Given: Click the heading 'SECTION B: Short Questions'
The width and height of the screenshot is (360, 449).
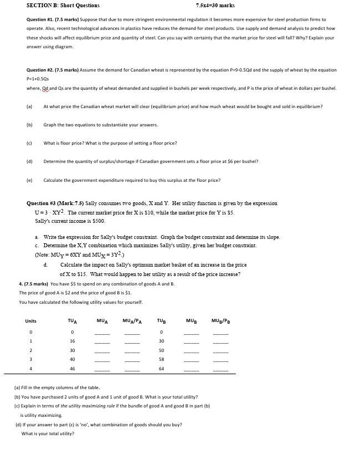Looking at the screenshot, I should tap(63, 6).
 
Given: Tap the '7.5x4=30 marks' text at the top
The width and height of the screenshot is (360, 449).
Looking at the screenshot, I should tap(215, 6).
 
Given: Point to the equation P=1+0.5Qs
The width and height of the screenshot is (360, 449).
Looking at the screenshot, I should tap(39, 79).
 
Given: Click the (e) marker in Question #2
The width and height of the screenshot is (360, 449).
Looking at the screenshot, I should tap(29, 180).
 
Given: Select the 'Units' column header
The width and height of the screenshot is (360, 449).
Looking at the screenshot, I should tap(30, 321).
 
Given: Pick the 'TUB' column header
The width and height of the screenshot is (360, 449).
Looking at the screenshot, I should tap(161, 321).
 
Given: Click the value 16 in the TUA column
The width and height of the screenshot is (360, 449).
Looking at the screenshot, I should tap(72, 341).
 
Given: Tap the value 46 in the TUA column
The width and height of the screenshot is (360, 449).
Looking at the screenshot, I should tap(72, 368).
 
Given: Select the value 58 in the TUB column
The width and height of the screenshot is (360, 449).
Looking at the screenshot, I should tap(161, 359).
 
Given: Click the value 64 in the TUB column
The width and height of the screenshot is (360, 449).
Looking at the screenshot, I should tap(161, 368).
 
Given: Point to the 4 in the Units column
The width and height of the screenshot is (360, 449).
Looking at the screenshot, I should tap(30, 368).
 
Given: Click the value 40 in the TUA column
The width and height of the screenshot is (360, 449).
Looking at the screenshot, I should tap(72, 359).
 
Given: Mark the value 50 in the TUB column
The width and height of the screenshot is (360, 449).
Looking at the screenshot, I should tap(161, 350).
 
